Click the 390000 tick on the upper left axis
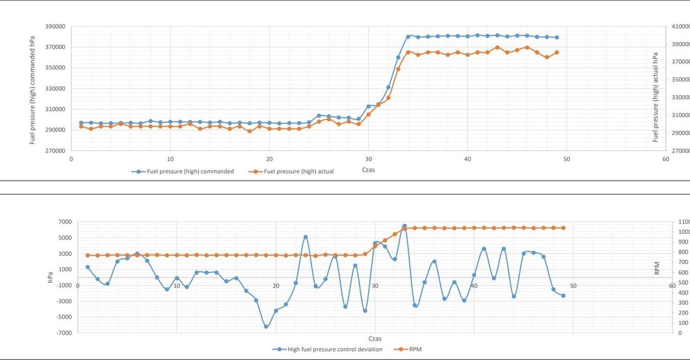[x=55, y=26]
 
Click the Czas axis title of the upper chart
[x=369, y=169]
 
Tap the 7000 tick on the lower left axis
[x=65, y=222]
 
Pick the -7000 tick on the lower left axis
[x=63, y=332]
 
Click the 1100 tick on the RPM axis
[x=683, y=222]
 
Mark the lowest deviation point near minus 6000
[x=266, y=326]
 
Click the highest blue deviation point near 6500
[x=404, y=226]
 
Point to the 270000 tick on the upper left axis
[x=55, y=150]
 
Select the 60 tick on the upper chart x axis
[x=665, y=159]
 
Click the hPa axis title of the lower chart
[x=50, y=277]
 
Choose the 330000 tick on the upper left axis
[x=55, y=88]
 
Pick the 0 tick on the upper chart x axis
[x=71, y=159]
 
